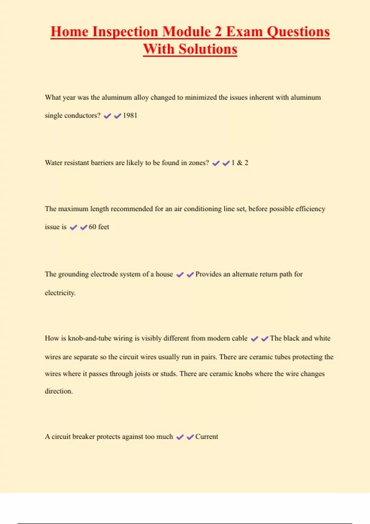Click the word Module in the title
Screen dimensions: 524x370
pyautogui.click(x=187, y=32)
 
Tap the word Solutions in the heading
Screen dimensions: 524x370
pyautogui.click(x=208, y=49)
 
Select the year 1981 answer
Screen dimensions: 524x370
pyautogui.click(x=130, y=116)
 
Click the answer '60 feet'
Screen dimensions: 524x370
pyautogui.click(x=99, y=227)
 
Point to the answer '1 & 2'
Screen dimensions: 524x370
pyautogui.click(x=240, y=163)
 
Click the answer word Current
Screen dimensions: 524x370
pyautogui.click(x=207, y=436)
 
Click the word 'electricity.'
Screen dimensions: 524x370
pyautogui.click(x=60, y=293)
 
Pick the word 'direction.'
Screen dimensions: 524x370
pyautogui.click(x=59, y=391)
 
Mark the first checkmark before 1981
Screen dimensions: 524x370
pyautogui.click(x=107, y=116)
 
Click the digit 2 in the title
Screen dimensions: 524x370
pyautogui.click(x=218, y=32)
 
